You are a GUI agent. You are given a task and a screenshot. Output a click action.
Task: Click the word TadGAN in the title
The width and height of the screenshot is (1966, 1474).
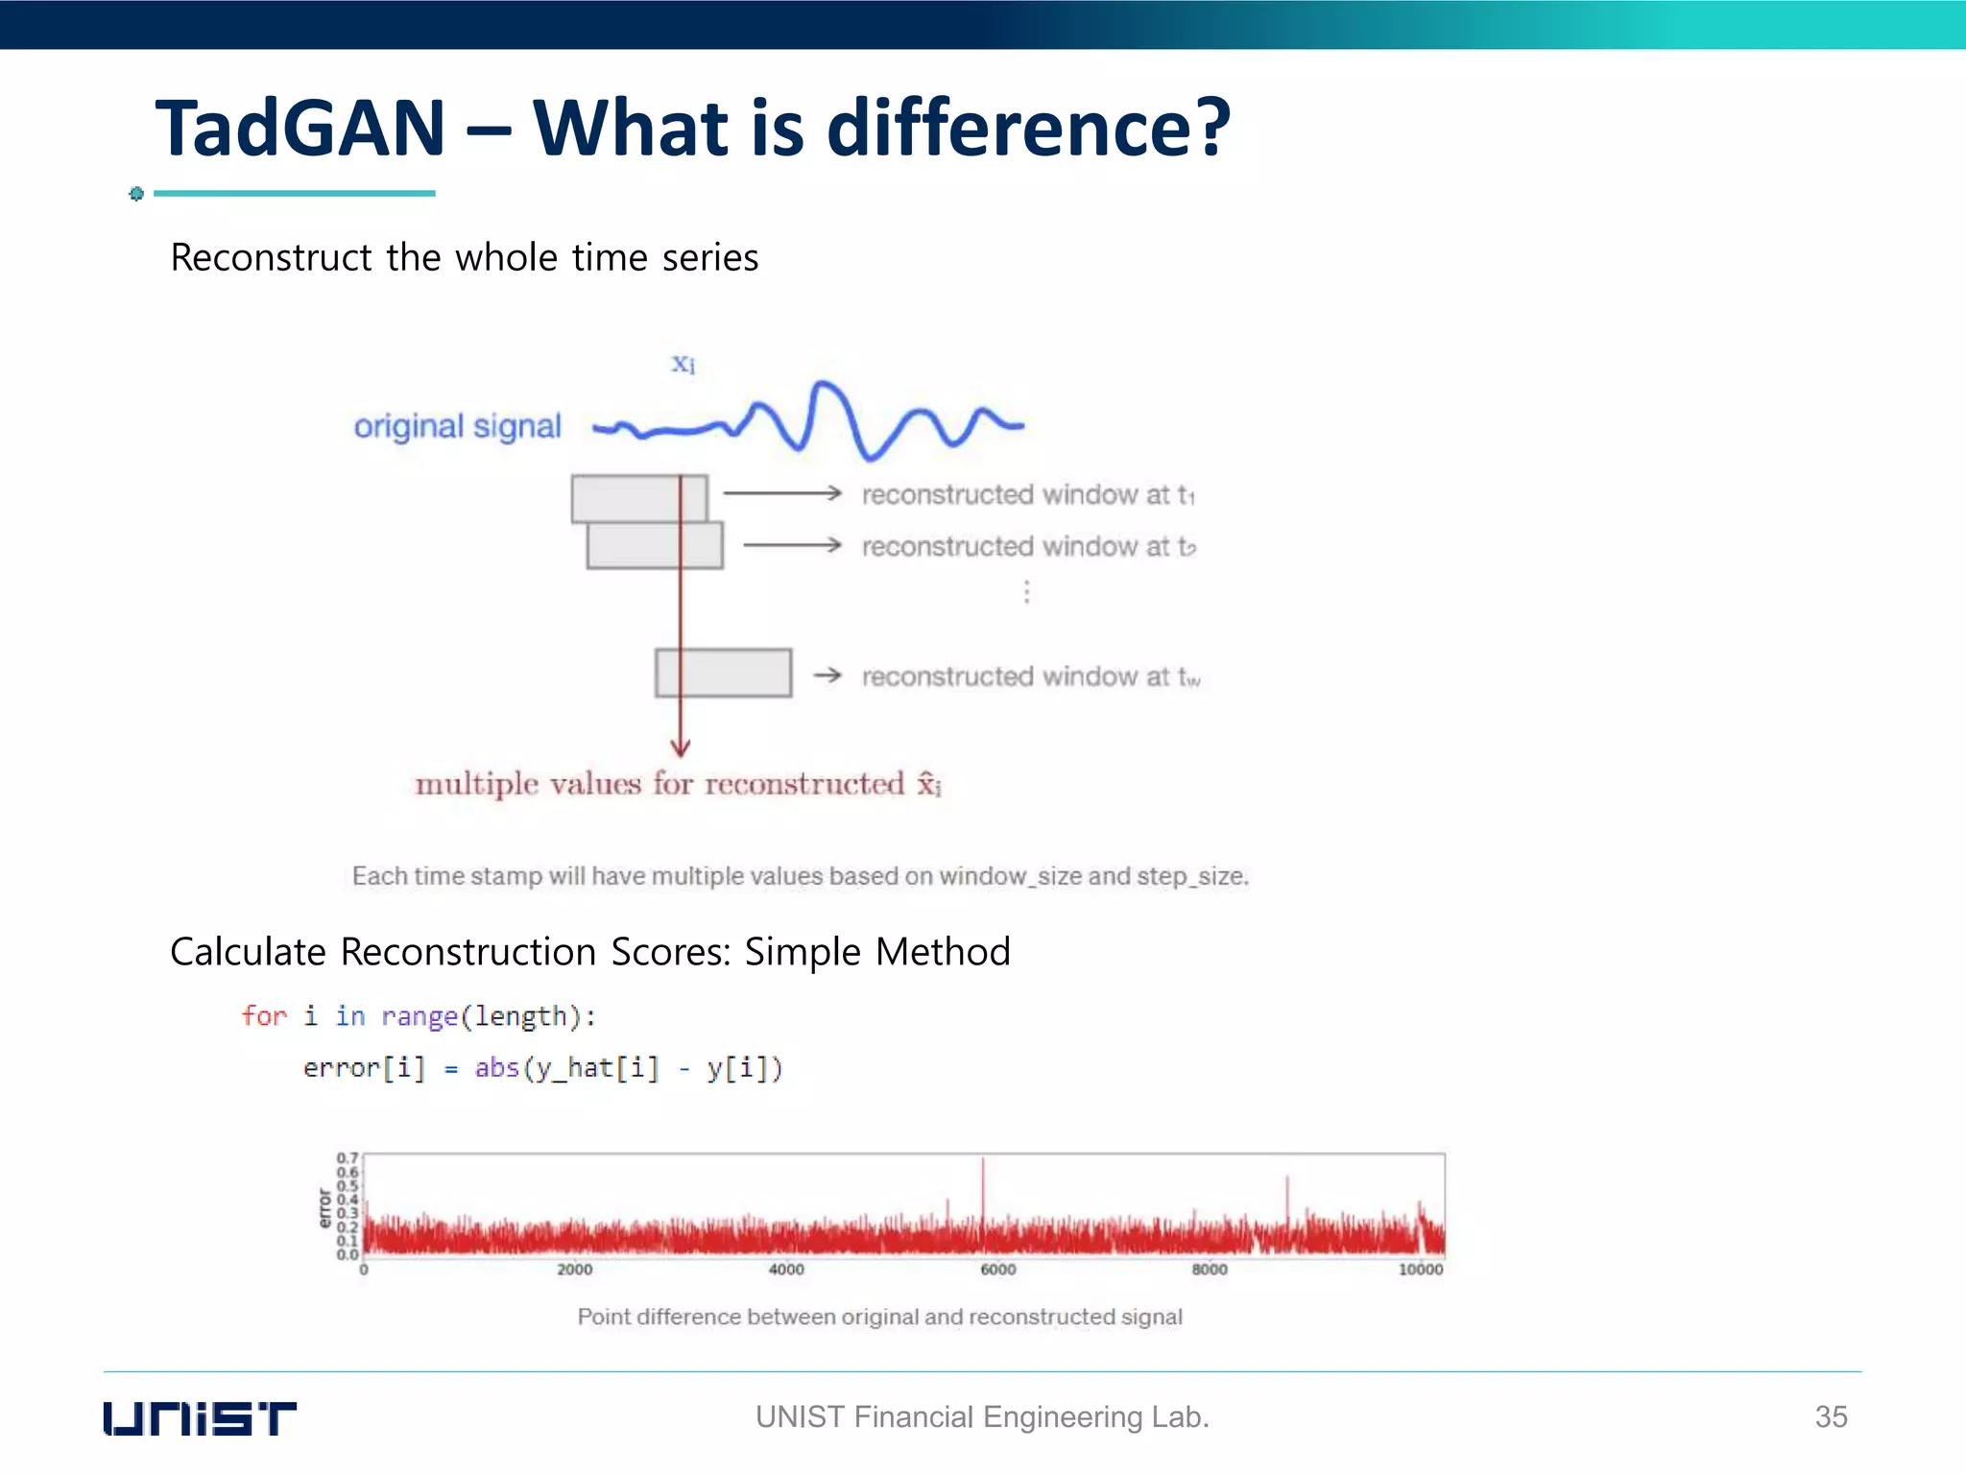tap(300, 129)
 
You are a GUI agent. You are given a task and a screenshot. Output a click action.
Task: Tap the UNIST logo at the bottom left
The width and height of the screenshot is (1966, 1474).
tap(200, 1418)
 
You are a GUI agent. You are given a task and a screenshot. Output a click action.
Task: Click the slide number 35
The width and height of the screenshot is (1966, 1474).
tap(1831, 1416)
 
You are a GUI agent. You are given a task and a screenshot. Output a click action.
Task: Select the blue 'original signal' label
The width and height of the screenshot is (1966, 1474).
tap(457, 426)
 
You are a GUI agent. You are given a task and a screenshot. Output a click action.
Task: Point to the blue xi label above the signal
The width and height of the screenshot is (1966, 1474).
tap(683, 364)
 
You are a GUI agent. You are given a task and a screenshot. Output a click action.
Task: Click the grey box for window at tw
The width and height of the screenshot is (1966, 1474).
tap(723, 673)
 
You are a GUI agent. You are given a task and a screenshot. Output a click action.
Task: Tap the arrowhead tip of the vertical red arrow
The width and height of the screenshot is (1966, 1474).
tap(681, 754)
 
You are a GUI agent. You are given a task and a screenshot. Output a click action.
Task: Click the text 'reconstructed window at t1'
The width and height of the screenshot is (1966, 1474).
tap(1027, 494)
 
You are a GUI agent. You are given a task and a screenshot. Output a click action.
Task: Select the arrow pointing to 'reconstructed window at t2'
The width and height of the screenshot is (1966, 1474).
tap(792, 545)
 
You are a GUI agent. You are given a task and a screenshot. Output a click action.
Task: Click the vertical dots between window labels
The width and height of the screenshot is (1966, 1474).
tap(1026, 592)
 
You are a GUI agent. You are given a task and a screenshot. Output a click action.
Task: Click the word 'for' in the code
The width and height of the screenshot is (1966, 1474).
tap(264, 1016)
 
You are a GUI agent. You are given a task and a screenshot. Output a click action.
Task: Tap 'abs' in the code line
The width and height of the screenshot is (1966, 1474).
tap(496, 1068)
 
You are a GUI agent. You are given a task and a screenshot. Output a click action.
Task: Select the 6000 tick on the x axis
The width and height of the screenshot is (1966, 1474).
tap(997, 1270)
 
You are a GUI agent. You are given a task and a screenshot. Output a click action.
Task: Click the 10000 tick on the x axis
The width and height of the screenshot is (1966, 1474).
tap(1420, 1270)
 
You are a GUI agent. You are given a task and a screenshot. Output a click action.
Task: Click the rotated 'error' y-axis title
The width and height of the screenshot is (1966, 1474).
tap(324, 1208)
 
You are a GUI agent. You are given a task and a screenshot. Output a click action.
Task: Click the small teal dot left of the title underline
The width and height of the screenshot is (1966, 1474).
tap(136, 194)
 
